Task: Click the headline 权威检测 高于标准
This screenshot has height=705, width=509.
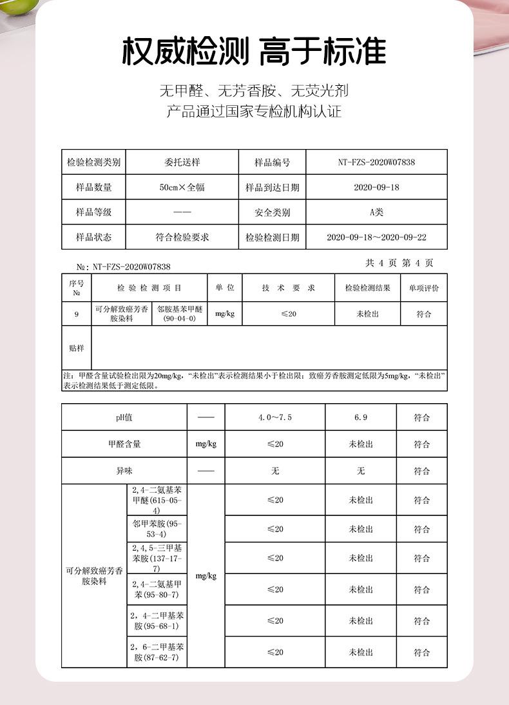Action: [254, 52]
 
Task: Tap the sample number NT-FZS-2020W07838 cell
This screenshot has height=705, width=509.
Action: [376, 163]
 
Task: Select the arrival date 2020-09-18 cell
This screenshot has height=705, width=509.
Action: [376, 188]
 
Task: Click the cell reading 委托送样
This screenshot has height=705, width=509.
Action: [182, 163]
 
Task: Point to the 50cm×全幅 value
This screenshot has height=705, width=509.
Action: [182, 188]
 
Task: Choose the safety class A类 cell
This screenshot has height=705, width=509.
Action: [376, 212]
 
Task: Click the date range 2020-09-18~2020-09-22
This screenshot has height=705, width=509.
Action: [376, 237]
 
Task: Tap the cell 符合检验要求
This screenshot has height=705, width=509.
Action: [182, 237]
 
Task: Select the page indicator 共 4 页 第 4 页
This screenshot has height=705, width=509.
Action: [399, 263]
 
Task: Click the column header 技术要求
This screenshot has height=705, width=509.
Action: [288, 288]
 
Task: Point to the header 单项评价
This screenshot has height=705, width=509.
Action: [423, 288]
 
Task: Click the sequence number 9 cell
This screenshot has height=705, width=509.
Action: [77, 314]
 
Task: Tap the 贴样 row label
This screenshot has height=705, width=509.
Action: [77, 348]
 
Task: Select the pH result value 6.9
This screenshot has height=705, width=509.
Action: [361, 418]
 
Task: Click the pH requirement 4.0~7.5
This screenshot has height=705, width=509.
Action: [275, 418]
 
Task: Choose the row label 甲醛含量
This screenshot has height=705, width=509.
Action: [124, 444]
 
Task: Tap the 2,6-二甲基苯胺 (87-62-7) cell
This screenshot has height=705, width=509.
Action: [158, 652]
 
